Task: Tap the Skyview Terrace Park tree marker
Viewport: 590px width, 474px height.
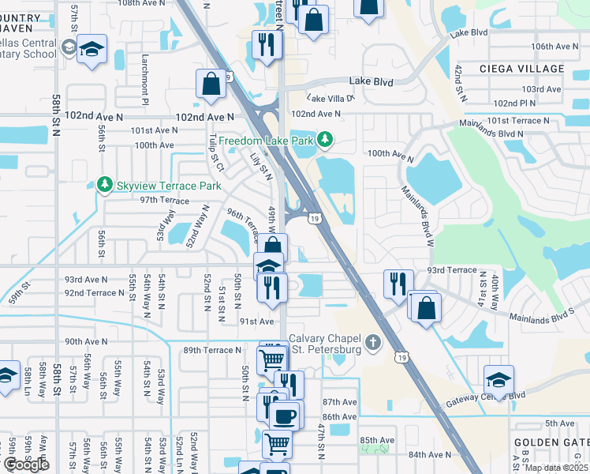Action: pyautogui.click(x=104, y=185)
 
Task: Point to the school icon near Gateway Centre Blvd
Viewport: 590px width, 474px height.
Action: pyautogui.click(x=498, y=378)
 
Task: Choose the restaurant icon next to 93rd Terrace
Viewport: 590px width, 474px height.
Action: pyautogui.click(x=398, y=283)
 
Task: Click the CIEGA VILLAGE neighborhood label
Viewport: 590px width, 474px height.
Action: pyautogui.click(x=522, y=69)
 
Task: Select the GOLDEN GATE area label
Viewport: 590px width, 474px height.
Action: pyautogui.click(x=551, y=443)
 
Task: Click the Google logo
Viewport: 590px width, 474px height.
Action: pyautogui.click(x=26, y=464)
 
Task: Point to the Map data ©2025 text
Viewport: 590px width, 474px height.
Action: pyautogui.click(x=556, y=468)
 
